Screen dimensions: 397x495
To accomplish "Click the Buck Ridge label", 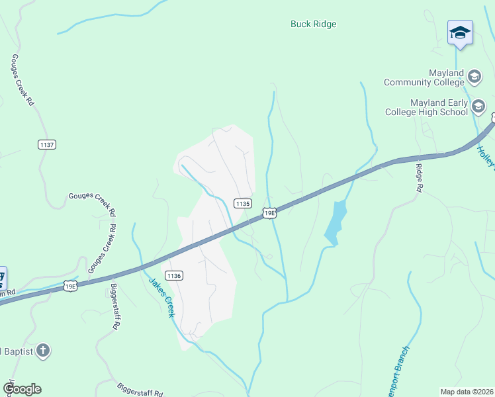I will click(x=313, y=24).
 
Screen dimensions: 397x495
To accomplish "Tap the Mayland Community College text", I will click(x=424, y=77).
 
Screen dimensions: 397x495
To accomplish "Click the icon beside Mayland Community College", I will click(x=474, y=77).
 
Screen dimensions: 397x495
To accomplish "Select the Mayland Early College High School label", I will click(x=429, y=107).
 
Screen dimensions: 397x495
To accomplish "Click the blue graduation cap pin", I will click(x=460, y=32).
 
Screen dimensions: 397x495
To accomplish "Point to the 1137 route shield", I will click(x=47, y=144).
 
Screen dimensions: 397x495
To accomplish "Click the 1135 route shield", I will click(x=243, y=204).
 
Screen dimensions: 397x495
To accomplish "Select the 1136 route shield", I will click(x=174, y=276).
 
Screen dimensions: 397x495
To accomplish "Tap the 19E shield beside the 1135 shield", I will click(x=269, y=212).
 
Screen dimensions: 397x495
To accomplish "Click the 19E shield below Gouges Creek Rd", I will click(x=71, y=285).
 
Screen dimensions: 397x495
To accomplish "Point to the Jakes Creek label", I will click(x=161, y=297).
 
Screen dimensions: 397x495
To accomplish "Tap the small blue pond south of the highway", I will click(x=336, y=222).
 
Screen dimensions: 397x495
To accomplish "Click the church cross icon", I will click(x=43, y=350).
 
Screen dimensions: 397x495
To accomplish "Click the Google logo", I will click(x=22, y=389).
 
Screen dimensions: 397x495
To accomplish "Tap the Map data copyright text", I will click(x=467, y=392).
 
